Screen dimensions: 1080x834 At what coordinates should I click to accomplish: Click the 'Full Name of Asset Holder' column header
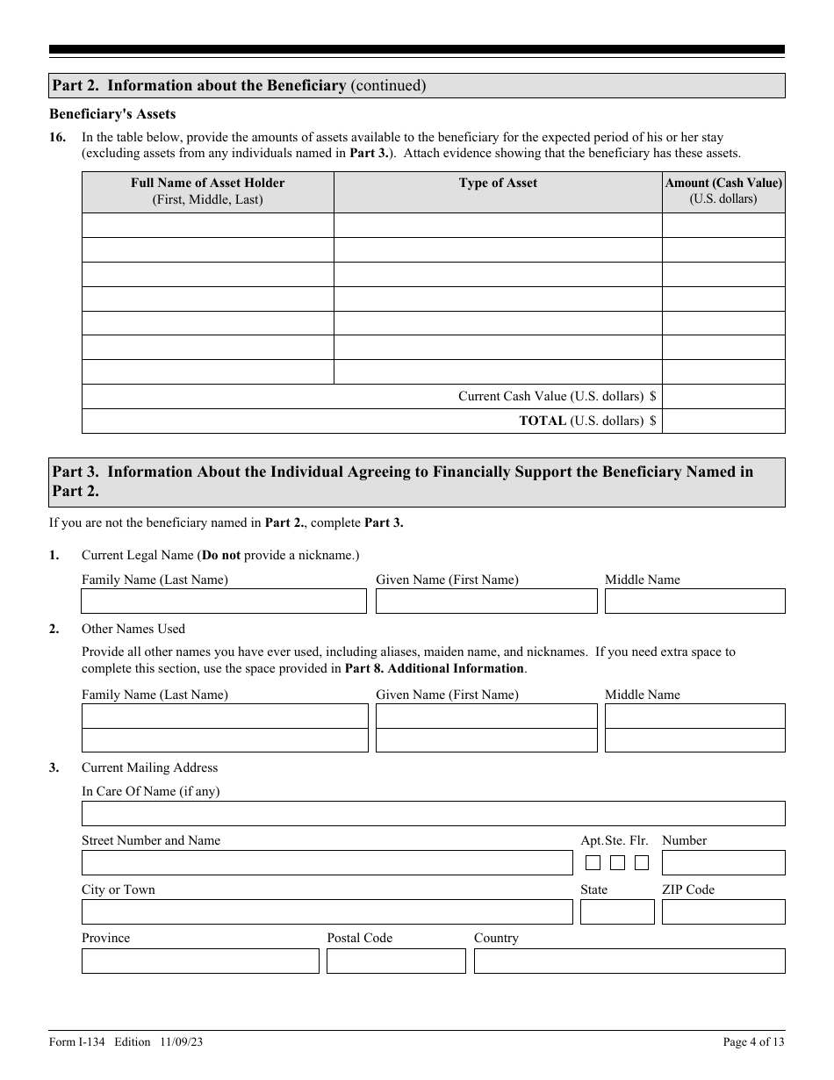tap(208, 191)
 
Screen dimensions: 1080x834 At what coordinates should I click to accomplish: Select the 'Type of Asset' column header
tap(498, 183)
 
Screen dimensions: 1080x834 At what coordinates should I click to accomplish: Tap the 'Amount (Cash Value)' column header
tap(723, 191)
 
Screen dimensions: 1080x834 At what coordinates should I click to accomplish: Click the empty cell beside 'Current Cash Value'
tap(723, 396)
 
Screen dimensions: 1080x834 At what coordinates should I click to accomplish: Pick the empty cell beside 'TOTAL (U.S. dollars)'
tap(723, 421)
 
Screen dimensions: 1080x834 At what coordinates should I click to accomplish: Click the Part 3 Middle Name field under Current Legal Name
tap(694, 601)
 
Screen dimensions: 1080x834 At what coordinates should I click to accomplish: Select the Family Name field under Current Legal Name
tap(224, 601)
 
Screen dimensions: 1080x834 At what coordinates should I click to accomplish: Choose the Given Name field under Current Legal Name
tap(486, 601)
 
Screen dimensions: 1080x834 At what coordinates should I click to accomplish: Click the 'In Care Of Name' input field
tap(433, 813)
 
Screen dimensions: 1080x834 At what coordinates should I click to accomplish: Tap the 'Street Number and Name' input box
tap(327, 862)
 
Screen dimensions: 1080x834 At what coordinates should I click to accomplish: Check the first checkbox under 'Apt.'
tap(593, 862)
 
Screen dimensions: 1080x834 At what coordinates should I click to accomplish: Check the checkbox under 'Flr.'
tap(642, 862)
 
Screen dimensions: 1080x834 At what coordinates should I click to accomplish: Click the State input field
tap(617, 911)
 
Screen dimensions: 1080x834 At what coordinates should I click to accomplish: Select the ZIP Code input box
tap(723, 911)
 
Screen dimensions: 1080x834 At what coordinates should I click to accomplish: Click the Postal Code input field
tap(396, 961)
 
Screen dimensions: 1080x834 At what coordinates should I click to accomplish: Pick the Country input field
tap(629, 961)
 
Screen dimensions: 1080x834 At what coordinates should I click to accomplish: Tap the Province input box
tap(200, 961)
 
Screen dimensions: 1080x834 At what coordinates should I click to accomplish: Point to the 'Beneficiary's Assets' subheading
tap(112, 114)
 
